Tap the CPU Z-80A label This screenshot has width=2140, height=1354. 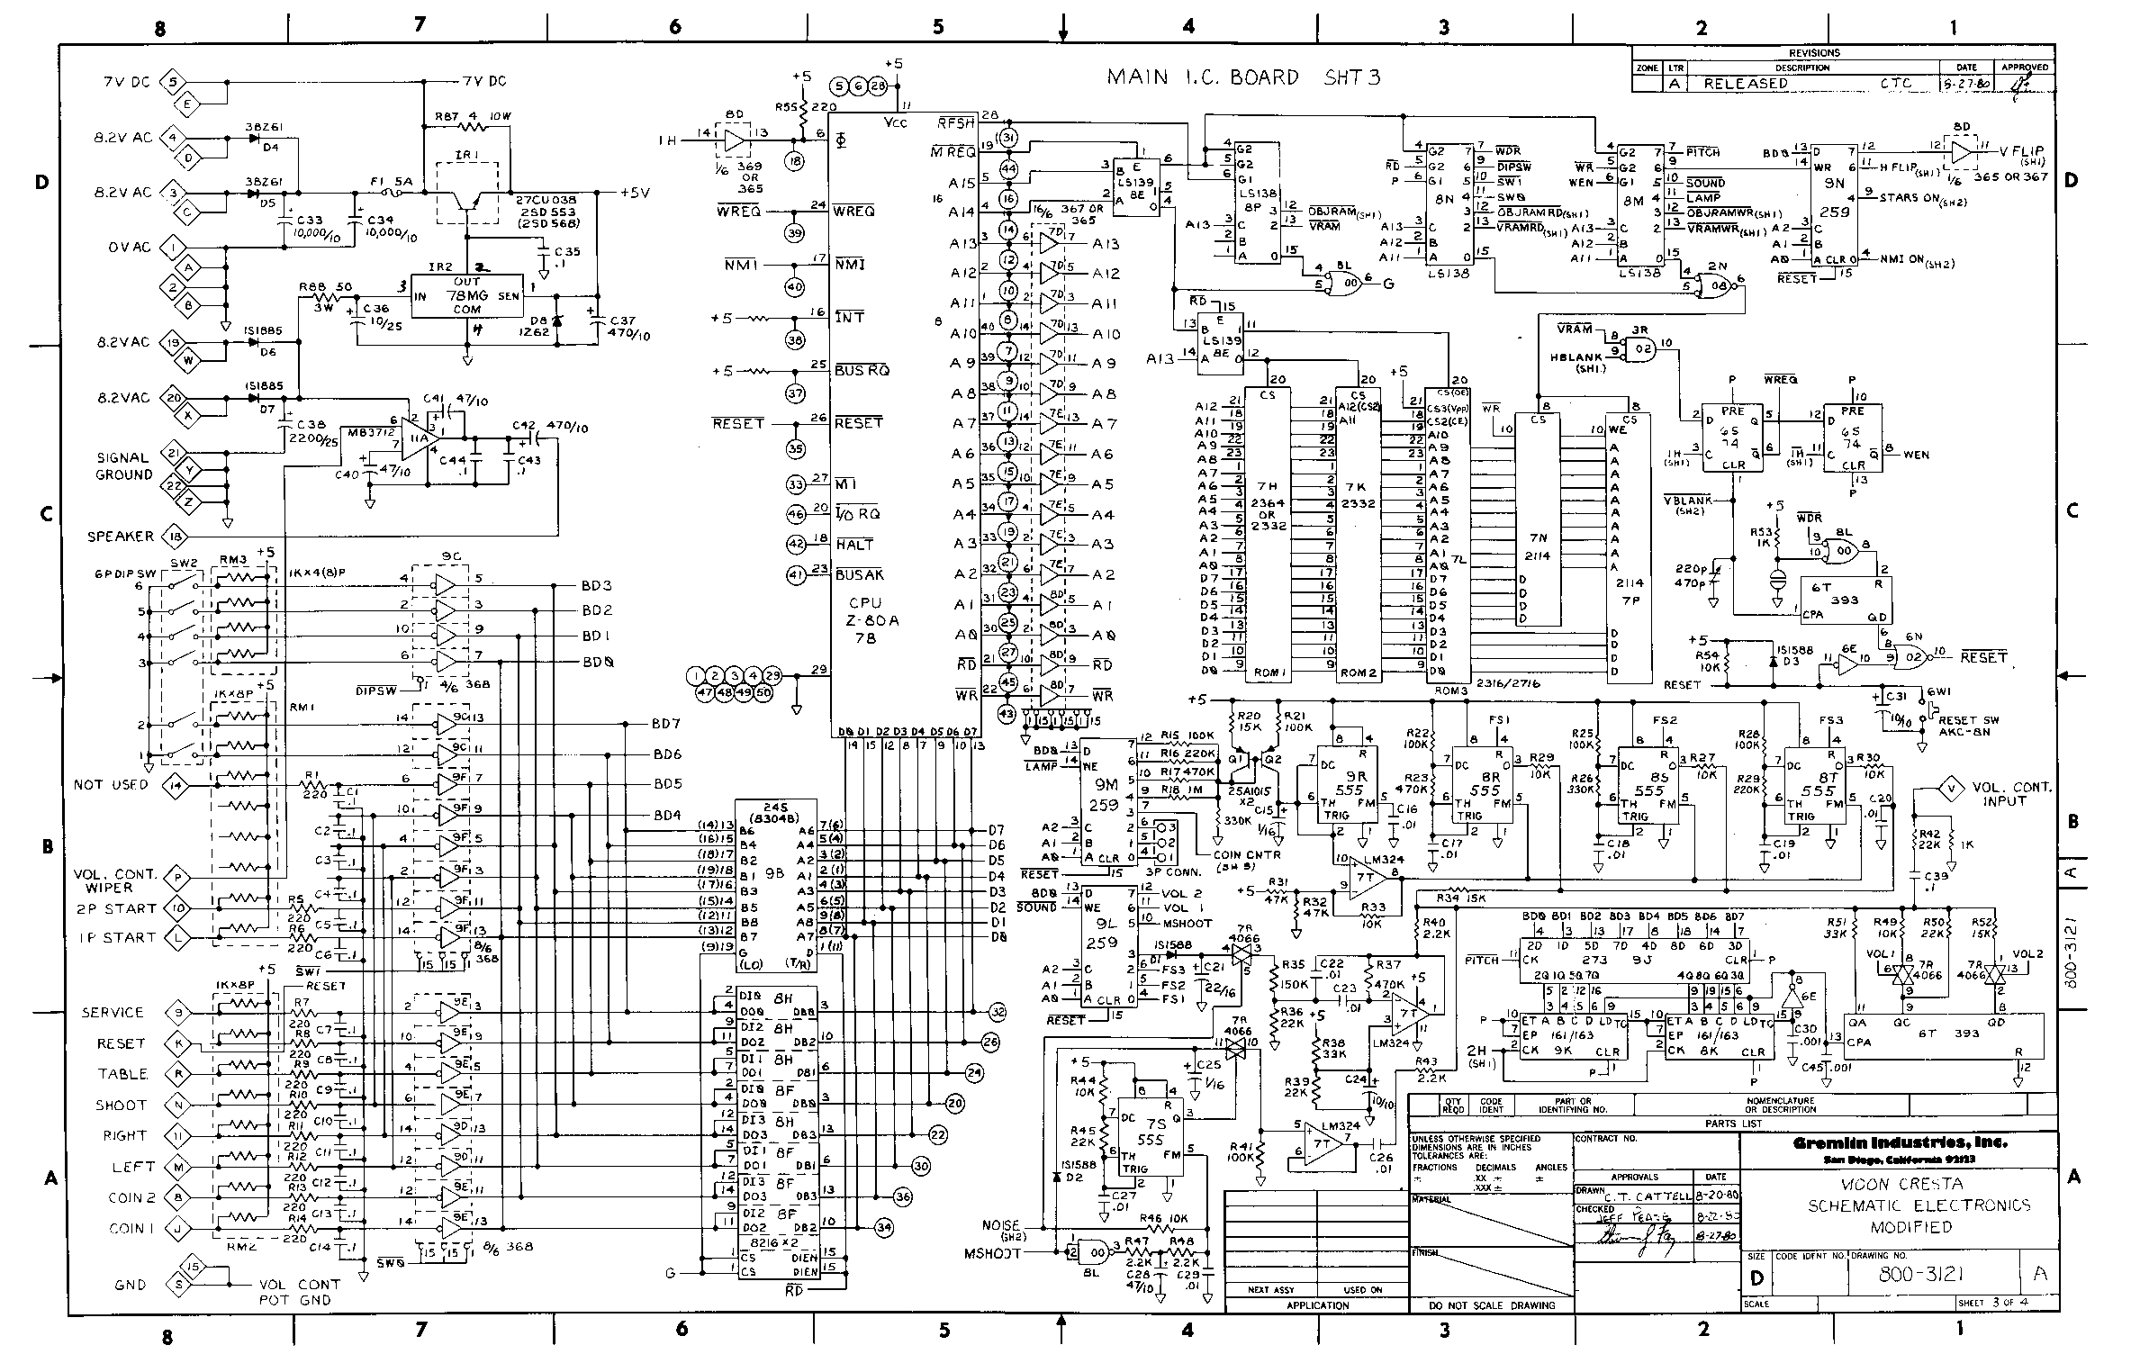(x=865, y=619)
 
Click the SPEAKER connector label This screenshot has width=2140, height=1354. (x=120, y=537)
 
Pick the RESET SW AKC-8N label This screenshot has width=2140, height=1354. (x=1969, y=726)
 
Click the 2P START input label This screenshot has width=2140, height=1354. (x=116, y=908)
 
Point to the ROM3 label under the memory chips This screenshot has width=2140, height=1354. (x=1443, y=673)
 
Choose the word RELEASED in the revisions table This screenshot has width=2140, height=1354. (x=1745, y=83)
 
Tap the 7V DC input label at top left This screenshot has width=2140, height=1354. (x=126, y=83)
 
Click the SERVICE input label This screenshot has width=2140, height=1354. (x=113, y=1012)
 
